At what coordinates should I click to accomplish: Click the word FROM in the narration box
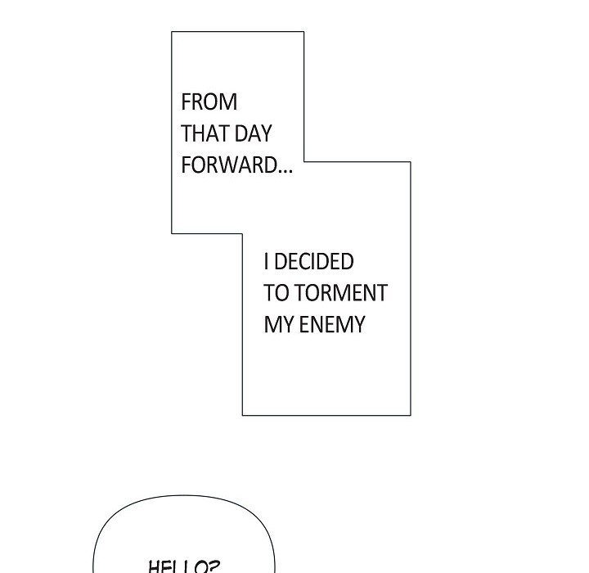click(209, 102)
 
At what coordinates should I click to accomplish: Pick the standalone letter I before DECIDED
click(267, 262)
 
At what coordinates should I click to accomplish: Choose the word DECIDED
click(314, 262)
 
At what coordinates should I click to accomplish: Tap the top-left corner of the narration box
click(172, 32)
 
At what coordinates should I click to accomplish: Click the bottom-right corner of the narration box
click(410, 415)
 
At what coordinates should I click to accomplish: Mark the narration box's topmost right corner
click(303, 32)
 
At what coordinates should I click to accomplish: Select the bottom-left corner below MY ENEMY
click(242, 415)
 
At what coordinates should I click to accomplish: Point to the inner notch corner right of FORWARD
click(303, 161)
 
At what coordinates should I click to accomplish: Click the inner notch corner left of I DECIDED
click(242, 233)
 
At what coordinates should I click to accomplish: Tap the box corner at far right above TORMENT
click(410, 161)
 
